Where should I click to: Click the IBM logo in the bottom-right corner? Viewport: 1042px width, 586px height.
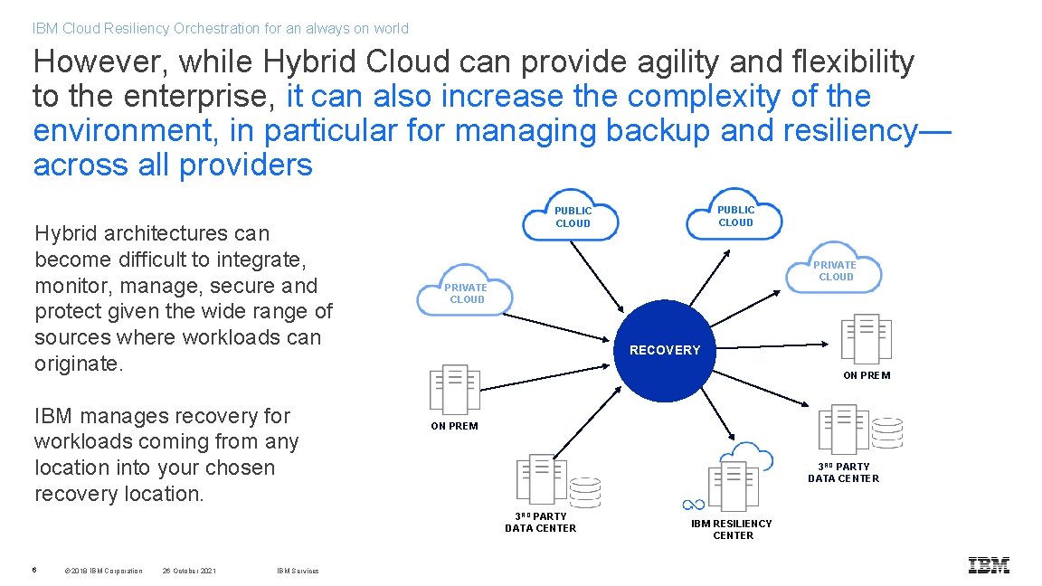pos(989,565)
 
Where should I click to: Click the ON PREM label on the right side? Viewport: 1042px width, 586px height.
pos(867,375)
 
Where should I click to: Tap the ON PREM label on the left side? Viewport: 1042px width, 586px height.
pos(454,426)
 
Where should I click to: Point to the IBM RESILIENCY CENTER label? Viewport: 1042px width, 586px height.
pos(732,529)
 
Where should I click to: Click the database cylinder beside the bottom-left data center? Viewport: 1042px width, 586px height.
pos(585,492)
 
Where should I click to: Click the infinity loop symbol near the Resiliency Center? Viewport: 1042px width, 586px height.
pos(693,505)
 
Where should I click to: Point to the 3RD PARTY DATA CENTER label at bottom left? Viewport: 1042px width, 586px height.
pos(540,522)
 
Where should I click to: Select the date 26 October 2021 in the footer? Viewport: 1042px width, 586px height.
pos(189,571)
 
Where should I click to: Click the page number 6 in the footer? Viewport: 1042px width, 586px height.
pos(34,570)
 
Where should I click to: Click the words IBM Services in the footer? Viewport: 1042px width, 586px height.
pos(298,571)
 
